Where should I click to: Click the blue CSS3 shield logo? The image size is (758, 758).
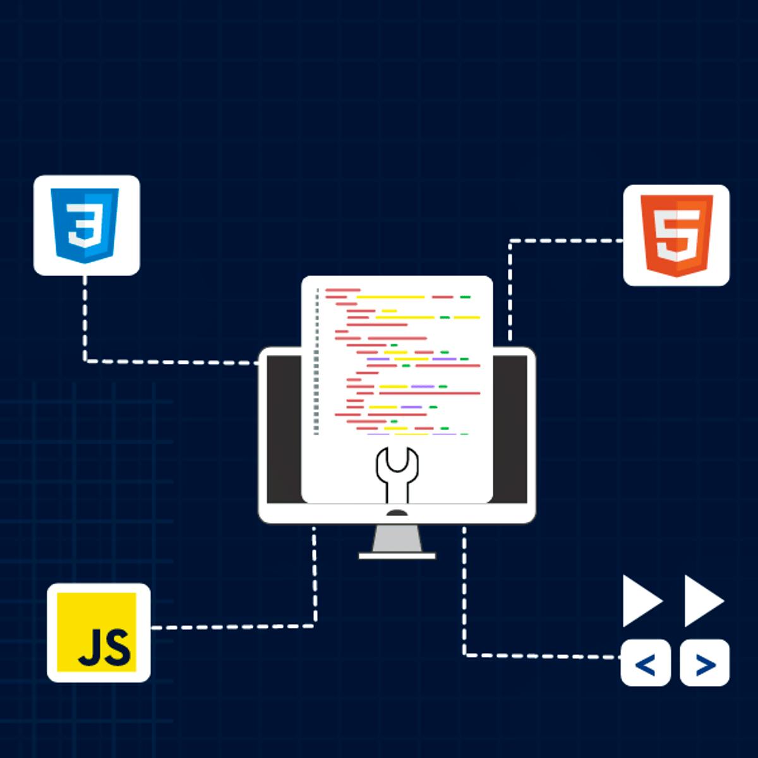point(85,226)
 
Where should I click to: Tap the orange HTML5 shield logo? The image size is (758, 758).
point(677,235)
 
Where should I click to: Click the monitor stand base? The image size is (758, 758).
point(397,556)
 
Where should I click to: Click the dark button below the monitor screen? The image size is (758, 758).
point(397,513)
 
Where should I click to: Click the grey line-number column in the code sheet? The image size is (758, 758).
point(316,362)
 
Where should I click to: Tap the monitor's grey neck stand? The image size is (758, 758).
point(397,538)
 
